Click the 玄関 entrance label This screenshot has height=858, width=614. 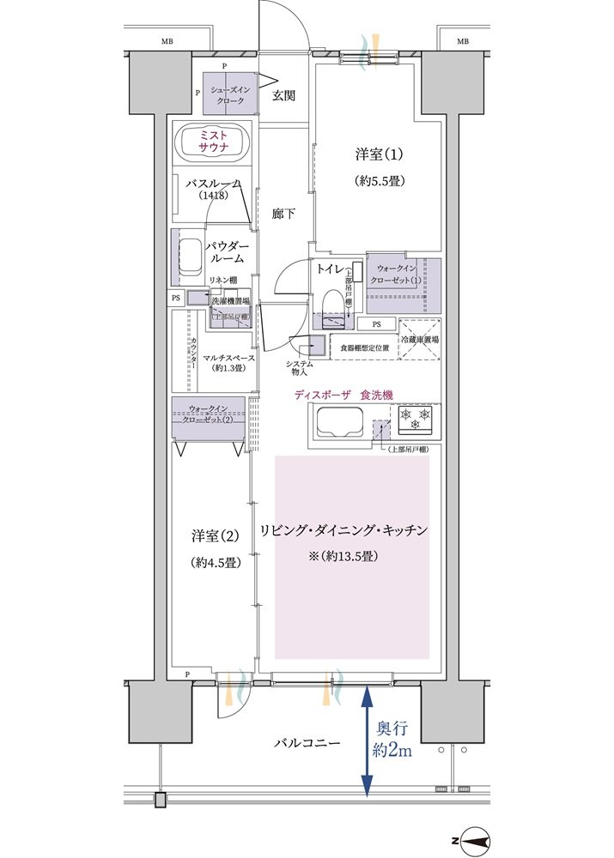click(284, 96)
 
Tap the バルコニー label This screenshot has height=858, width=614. click(307, 742)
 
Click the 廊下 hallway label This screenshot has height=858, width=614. click(284, 214)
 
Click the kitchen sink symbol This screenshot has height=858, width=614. click(338, 423)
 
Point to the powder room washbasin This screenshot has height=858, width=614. click(190, 257)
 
